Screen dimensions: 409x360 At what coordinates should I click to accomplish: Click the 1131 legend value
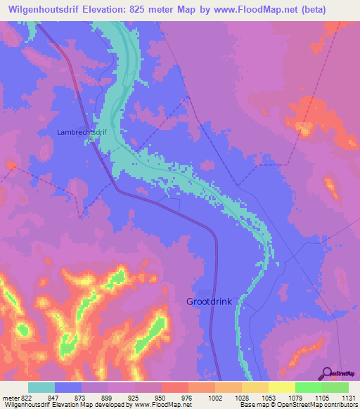click(x=347, y=398)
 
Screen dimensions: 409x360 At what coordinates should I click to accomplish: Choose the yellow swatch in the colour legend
click(x=281, y=387)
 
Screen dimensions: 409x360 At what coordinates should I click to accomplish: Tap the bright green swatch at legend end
click(x=335, y=387)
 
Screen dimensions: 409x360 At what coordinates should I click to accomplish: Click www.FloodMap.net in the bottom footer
click(x=152, y=405)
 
